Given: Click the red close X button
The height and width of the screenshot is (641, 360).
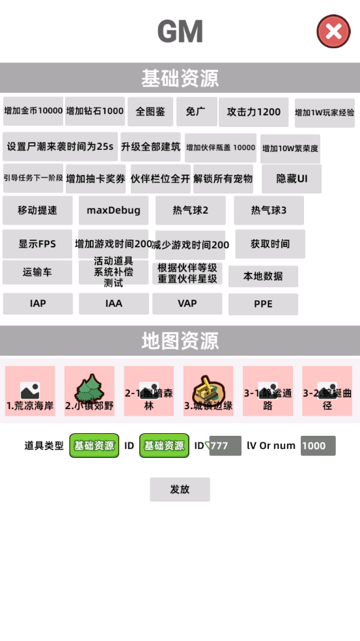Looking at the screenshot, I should pyautogui.click(x=333, y=31).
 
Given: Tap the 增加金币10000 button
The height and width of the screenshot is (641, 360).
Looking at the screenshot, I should pyautogui.click(x=33, y=111).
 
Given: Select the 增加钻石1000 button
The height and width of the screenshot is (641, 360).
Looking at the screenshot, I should pyautogui.click(x=95, y=111).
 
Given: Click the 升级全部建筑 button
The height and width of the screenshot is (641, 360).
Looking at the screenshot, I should pyautogui.click(x=150, y=147).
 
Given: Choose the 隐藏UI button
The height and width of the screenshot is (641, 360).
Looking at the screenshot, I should pyautogui.click(x=292, y=178).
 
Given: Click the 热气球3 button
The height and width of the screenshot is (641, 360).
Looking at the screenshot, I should pyautogui.click(x=269, y=210).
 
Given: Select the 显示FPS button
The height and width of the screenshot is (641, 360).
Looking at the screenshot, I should pyautogui.click(x=37, y=244).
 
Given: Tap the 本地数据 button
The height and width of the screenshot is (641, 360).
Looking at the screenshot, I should pyautogui.click(x=263, y=276).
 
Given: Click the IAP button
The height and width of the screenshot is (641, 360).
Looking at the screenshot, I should pyautogui.click(x=38, y=304).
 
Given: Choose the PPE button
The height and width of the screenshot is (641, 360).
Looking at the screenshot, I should pyautogui.click(x=263, y=304).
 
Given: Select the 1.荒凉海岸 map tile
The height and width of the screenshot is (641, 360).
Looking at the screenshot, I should pyautogui.click(x=30, y=391).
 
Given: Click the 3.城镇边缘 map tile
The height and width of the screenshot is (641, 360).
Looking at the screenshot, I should pyautogui.click(x=208, y=391).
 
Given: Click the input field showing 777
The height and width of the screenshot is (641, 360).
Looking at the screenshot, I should pyautogui.click(x=225, y=446).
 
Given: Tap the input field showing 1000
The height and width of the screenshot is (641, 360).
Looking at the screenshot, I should pyautogui.click(x=318, y=446).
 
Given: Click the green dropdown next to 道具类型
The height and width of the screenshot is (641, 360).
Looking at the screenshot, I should pyautogui.click(x=94, y=446).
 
